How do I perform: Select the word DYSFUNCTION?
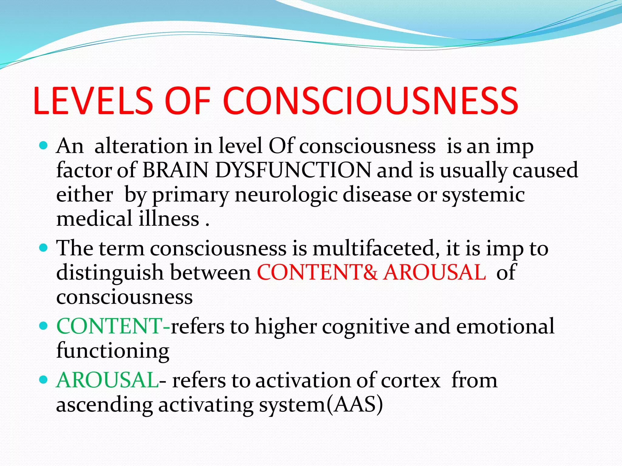click(293, 170)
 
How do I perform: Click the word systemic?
click(483, 195)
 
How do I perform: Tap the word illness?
click(169, 218)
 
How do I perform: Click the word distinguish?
click(110, 272)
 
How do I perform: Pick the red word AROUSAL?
click(435, 272)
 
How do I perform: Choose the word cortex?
click(410, 380)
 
